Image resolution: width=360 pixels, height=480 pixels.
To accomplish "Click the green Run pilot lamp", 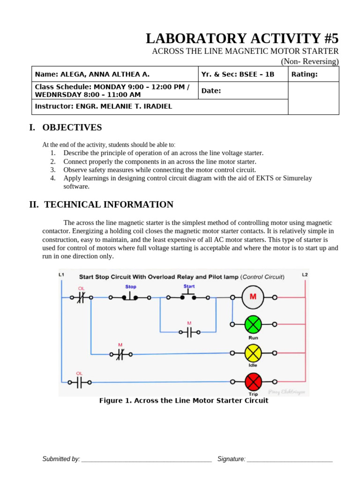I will click(253, 324).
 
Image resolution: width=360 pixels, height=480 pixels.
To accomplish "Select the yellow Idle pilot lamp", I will click(253, 353).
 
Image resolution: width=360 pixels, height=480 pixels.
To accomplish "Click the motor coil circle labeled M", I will click(253, 297).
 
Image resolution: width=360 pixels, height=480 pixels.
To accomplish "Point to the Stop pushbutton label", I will click(131, 286).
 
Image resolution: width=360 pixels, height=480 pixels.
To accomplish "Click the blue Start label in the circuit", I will click(189, 286).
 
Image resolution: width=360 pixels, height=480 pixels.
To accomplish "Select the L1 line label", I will click(61, 274).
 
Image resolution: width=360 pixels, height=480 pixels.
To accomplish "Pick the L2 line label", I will click(305, 274).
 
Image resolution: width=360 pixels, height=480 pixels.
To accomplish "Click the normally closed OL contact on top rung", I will click(81, 297).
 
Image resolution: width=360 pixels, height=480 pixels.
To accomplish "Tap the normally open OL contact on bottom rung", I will click(79, 382).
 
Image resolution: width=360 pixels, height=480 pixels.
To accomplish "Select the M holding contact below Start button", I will click(189, 332).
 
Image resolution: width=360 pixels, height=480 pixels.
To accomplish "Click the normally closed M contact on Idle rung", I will click(120, 354).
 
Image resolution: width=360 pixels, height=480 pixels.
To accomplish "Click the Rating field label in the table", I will click(304, 74).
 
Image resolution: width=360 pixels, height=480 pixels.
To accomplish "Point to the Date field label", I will click(211, 90).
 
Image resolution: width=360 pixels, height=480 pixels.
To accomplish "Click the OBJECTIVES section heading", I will click(72, 127).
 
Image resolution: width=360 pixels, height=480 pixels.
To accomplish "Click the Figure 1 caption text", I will click(184, 400).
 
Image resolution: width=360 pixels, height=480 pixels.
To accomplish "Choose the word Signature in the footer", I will click(231, 459).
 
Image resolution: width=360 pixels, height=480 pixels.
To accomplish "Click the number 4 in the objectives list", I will click(53, 178).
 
